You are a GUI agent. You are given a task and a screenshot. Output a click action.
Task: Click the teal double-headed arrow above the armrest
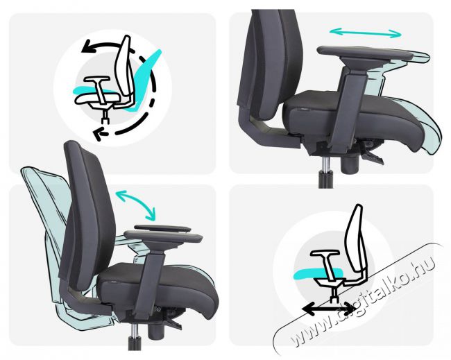(x=365, y=33)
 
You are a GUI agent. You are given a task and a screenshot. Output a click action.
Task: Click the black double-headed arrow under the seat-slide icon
(x=330, y=309)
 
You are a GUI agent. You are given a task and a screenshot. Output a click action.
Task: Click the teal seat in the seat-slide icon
(x=318, y=273)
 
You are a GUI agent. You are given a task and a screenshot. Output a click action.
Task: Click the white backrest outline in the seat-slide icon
(x=356, y=239)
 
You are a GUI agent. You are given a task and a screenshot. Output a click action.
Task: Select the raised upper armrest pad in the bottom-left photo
(x=162, y=228)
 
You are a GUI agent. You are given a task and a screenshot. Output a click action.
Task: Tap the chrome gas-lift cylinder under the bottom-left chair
(x=133, y=329)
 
